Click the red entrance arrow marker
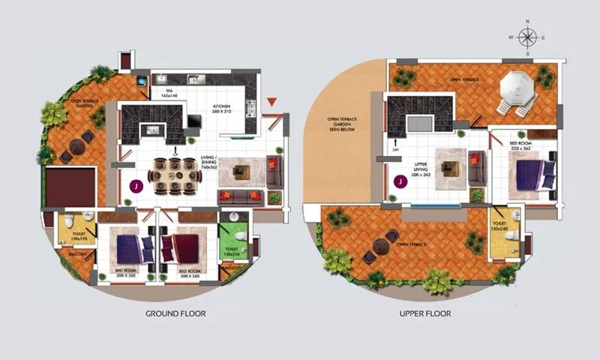(272, 101)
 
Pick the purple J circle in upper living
(400, 181)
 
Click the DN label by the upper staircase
(396, 149)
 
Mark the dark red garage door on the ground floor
(70, 187)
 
